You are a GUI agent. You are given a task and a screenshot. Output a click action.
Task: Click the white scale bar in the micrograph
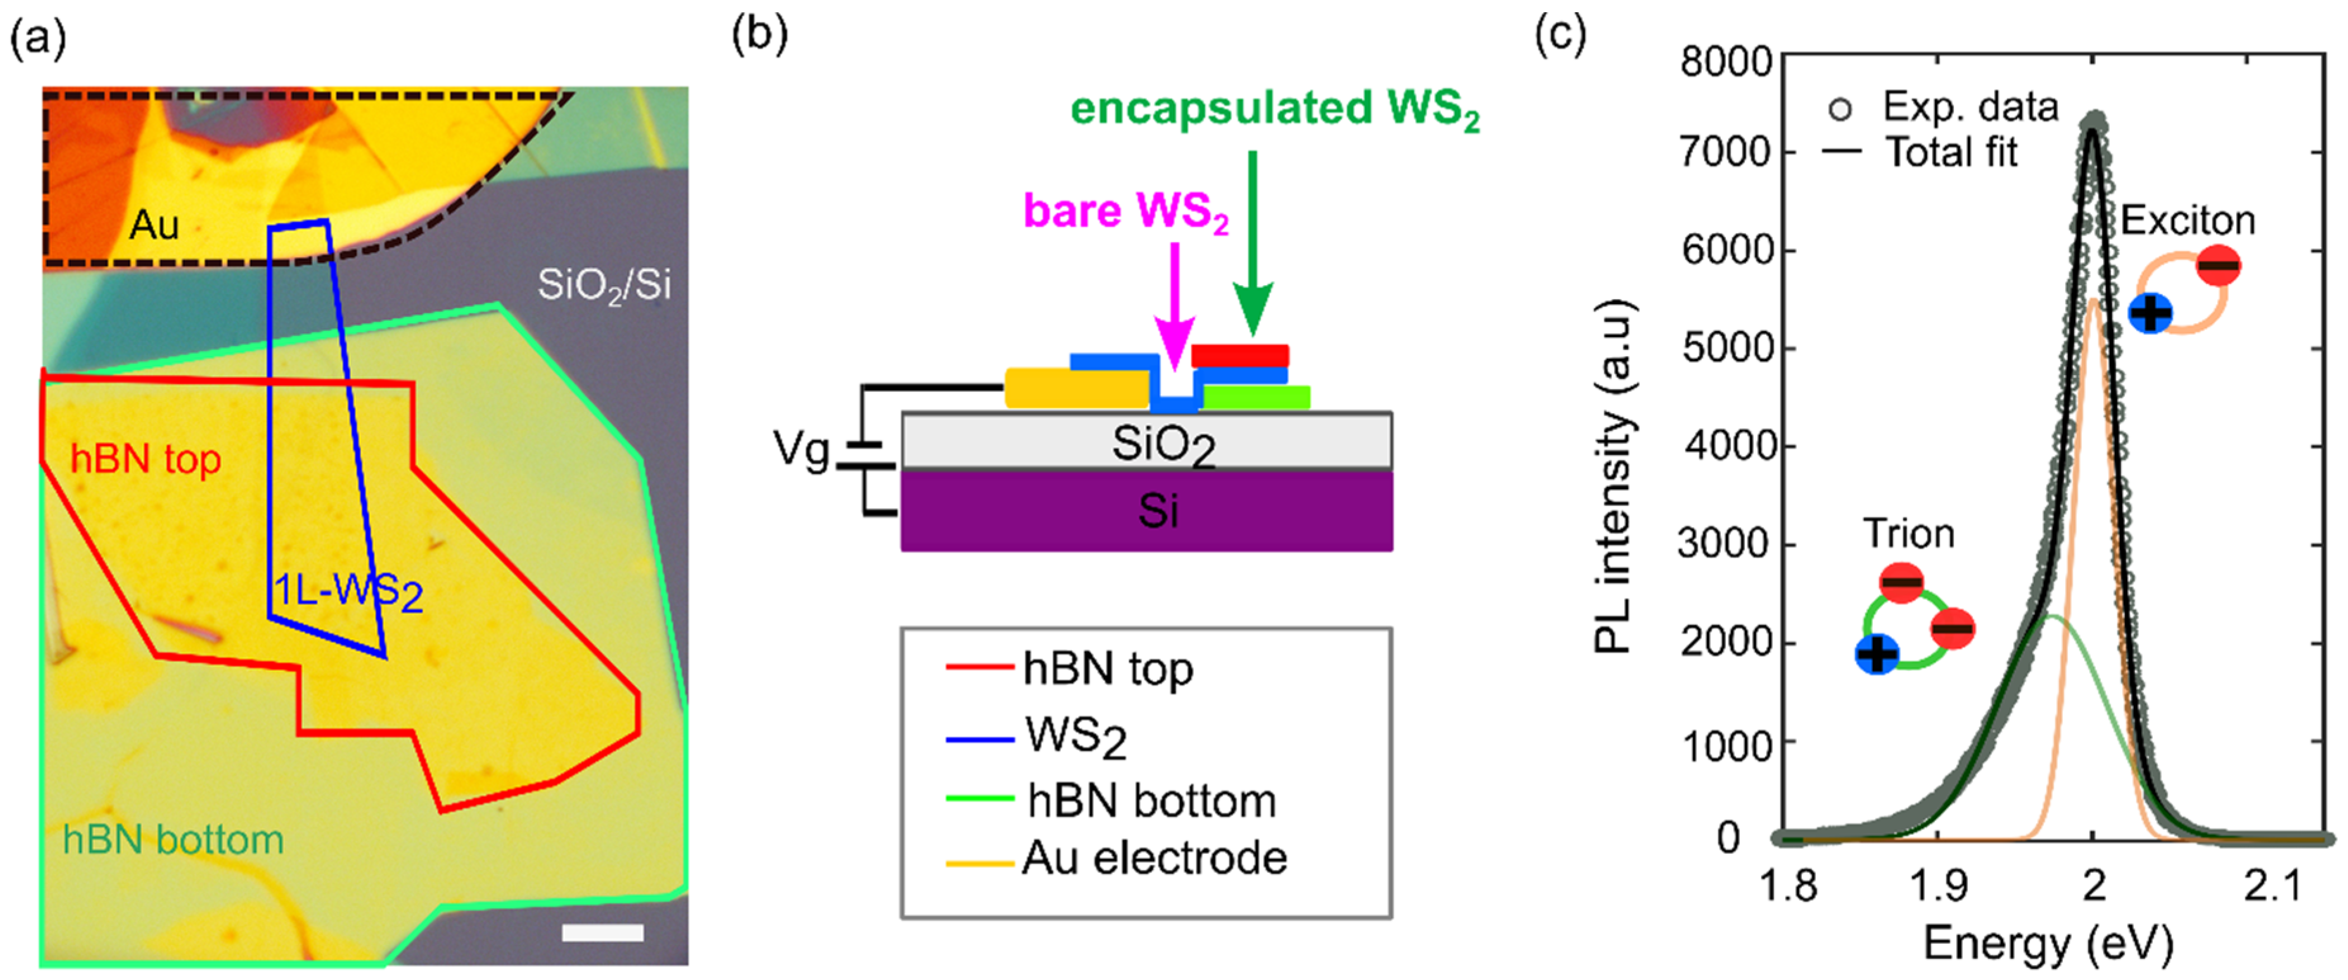tap(602, 932)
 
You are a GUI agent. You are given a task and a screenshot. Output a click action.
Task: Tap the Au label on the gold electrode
tap(154, 225)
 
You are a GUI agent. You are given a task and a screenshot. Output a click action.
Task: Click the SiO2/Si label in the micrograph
tap(604, 285)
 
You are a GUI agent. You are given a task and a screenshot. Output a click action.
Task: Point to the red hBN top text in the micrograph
tap(146, 459)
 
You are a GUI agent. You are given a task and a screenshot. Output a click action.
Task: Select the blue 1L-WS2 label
tap(349, 592)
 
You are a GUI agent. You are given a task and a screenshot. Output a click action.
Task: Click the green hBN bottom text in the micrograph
tap(173, 839)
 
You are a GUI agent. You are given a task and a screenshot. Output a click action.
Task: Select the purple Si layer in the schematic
tap(1146, 511)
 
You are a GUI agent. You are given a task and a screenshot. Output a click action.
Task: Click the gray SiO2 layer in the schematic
tap(1146, 442)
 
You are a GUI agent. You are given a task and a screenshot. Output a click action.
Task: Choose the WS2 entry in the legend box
tap(1076, 737)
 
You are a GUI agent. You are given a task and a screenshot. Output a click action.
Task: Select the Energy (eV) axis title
tap(2047, 945)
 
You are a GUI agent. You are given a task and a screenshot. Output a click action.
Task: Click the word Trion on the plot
tap(1908, 533)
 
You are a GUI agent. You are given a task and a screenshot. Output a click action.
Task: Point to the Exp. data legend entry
tap(1969, 108)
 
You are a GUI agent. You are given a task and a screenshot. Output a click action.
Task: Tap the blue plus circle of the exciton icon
tap(2151, 314)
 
